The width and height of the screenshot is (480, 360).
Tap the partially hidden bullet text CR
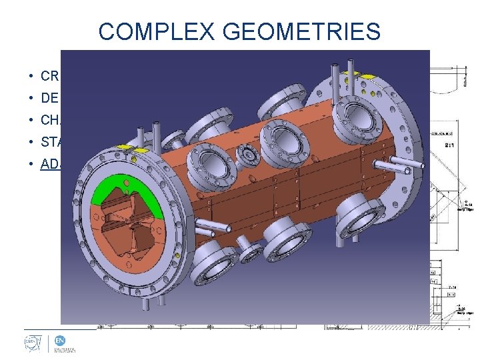pyautogui.click(x=49, y=76)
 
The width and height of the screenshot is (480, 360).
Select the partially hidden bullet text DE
pyautogui.click(x=49, y=98)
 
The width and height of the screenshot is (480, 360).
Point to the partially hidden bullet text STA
pyautogui.click(x=51, y=141)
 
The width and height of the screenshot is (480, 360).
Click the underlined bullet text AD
pyautogui.click(x=50, y=163)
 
